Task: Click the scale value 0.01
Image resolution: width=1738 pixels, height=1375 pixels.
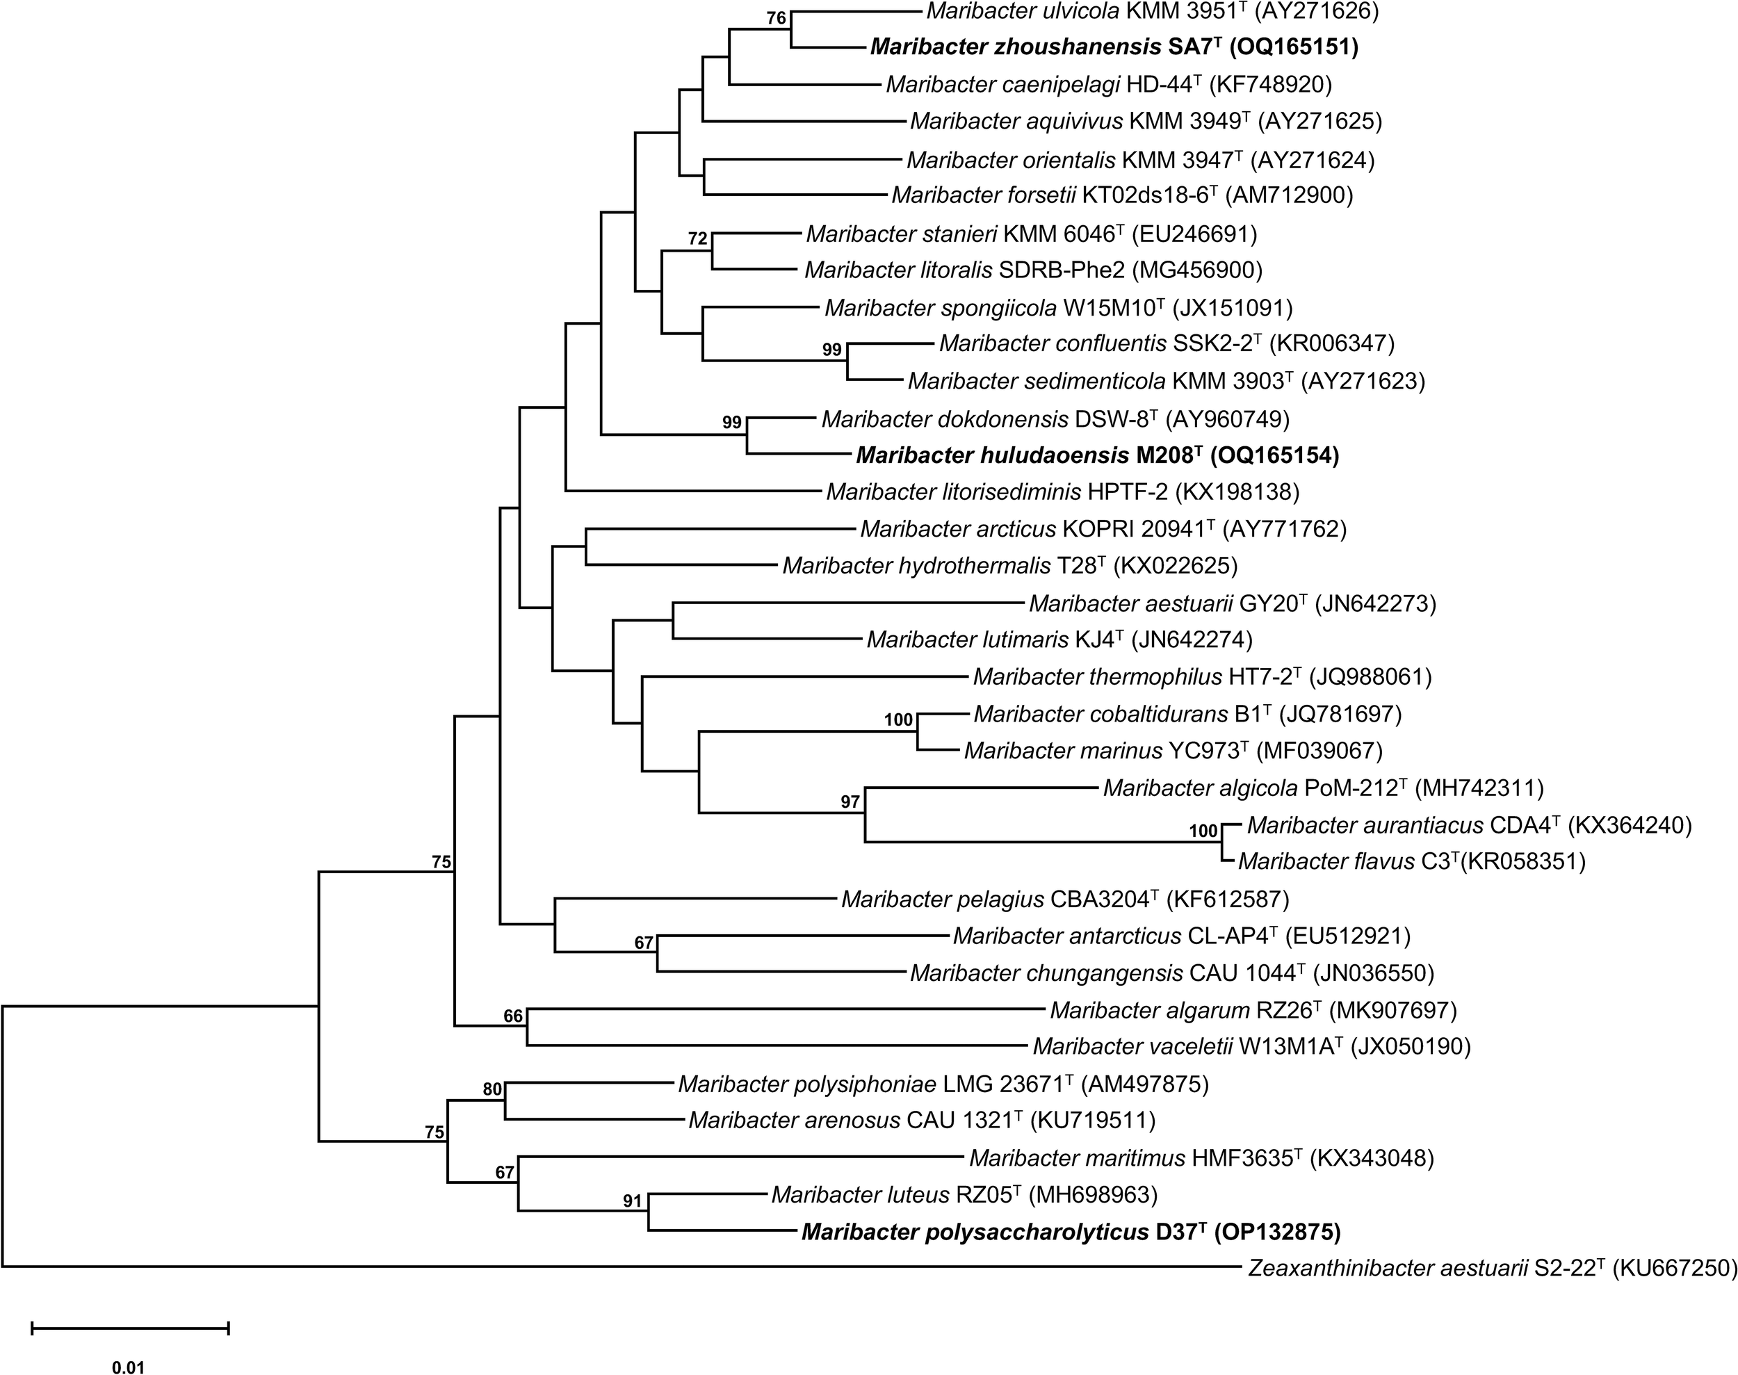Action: pos(129,1366)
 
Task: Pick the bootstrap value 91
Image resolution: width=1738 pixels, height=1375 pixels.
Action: pos(633,1202)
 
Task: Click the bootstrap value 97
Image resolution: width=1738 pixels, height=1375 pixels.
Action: pos(850,801)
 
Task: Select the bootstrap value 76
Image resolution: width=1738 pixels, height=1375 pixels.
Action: pos(776,19)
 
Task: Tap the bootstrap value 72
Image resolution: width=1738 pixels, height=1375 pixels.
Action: pos(697,238)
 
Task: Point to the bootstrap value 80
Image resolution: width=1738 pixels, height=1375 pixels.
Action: pos(492,1090)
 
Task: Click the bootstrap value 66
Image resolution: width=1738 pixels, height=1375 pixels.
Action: pos(513,1016)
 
